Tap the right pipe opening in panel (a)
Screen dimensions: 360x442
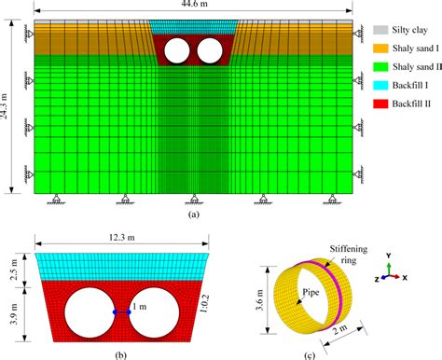tap(208, 49)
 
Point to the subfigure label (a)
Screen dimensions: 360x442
tap(193, 214)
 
